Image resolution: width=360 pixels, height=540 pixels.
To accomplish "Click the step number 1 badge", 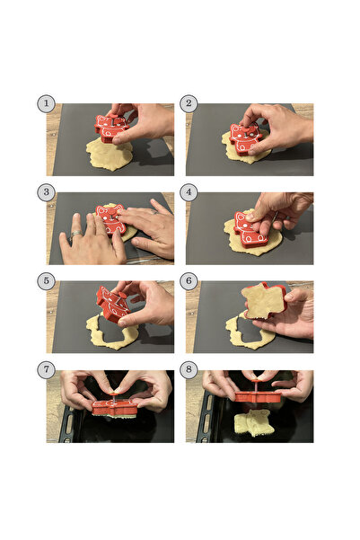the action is tap(46, 103).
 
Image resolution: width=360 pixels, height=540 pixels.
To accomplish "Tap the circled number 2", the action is tap(189, 103).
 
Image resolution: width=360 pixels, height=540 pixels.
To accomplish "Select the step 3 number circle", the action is tap(46, 192).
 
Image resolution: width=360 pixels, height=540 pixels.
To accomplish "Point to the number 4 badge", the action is tap(189, 192).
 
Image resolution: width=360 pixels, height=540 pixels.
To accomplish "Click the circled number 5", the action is tap(46, 281).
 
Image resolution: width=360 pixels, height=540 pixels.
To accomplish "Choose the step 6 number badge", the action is tap(189, 281).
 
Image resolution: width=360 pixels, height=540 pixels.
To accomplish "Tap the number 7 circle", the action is tap(46, 370).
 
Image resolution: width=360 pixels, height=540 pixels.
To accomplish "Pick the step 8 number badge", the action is tap(189, 370).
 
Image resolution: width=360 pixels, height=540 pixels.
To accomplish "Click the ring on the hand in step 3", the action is tap(76, 235).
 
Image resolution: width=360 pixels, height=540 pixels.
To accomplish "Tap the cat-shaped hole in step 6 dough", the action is tap(251, 330).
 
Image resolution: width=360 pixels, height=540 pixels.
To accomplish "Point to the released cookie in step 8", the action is tap(254, 423).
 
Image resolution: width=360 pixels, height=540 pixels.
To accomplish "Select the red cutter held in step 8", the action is tap(259, 396).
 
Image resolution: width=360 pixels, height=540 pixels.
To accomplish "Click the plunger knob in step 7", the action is tap(114, 392).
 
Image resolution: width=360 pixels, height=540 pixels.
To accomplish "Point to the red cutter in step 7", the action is tap(114, 407).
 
